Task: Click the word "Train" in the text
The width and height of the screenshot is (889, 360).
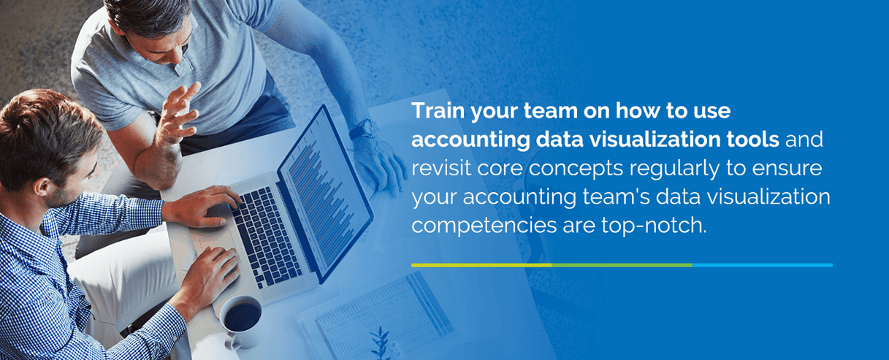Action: click(x=434, y=112)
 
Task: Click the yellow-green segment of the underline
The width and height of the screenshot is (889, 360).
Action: click(x=481, y=265)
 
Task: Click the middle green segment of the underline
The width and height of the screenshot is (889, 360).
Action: click(x=622, y=265)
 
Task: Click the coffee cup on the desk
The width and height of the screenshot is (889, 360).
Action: click(x=240, y=318)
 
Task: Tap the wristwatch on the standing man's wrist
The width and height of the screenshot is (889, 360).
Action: click(x=363, y=130)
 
